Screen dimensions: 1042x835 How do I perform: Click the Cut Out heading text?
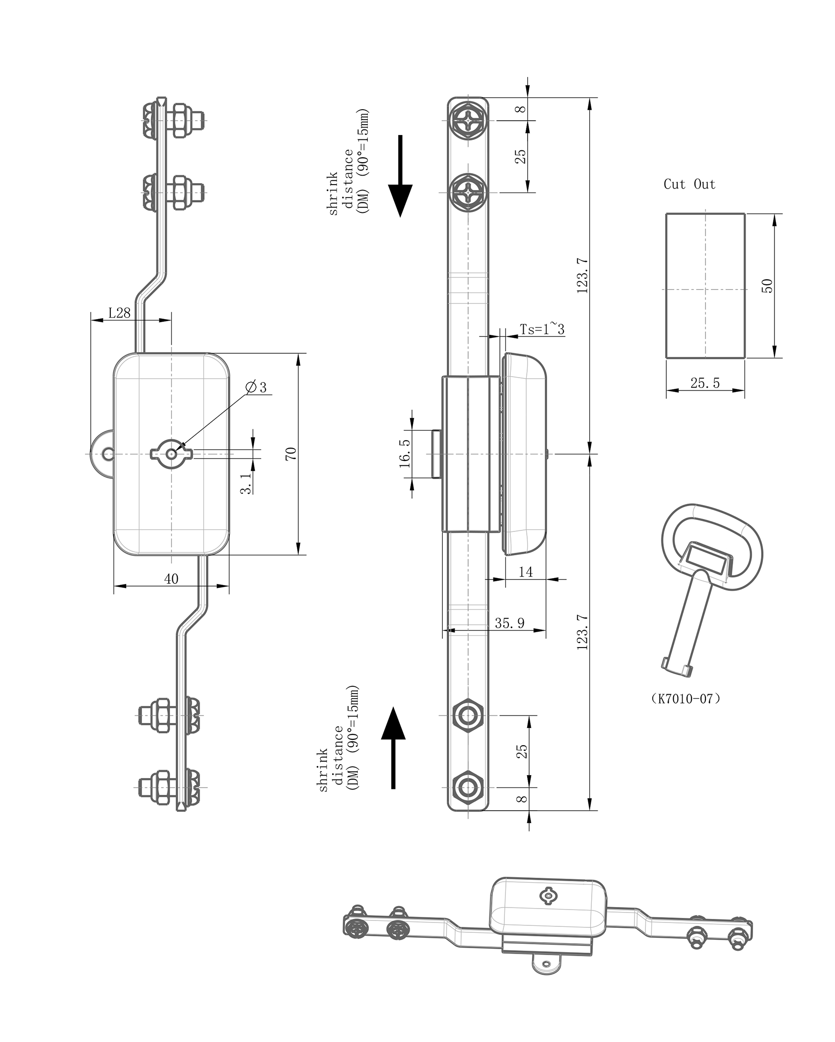(x=689, y=185)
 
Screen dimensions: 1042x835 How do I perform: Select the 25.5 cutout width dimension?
(x=704, y=383)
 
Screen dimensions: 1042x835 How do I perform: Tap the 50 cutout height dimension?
(x=767, y=286)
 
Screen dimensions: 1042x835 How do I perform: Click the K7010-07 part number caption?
(x=685, y=699)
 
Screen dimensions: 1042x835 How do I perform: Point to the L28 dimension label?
(x=119, y=313)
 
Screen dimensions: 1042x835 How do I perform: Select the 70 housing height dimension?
(x=291, y=454)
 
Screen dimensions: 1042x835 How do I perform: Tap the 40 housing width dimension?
(x=171, y=579)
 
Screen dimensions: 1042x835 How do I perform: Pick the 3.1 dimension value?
(x=245, y=483)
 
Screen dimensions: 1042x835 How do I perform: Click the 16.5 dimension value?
(x=405, y=453)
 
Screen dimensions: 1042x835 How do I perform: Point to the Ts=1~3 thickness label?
(x=542, y=329)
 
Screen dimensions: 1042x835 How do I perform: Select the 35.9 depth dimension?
(x=509, y=623)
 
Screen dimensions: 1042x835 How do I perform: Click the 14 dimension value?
(x=525, y=572)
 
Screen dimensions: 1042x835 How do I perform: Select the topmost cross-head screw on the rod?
(x=468, y=121)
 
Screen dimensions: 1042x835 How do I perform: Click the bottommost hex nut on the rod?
(x=468, y=787)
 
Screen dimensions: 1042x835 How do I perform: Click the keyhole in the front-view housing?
(x=171, y=453)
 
